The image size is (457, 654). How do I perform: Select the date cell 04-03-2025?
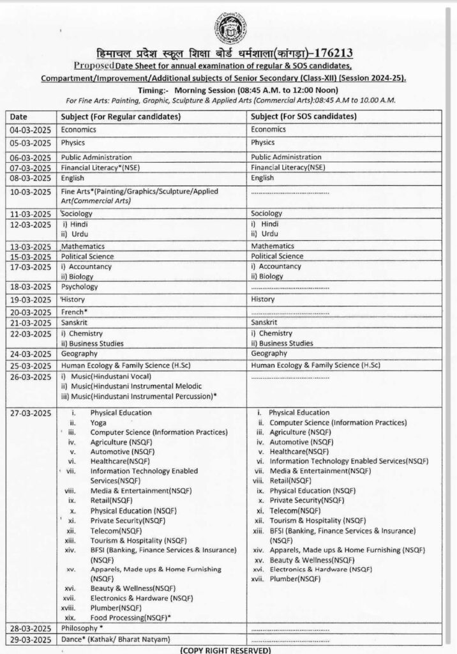coord(30,129)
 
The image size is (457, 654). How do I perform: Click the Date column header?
coord(19,116)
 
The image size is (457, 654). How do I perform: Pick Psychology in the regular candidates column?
coord(79,287)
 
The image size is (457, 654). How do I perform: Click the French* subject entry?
coord(74,312)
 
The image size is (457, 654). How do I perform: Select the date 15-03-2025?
coord(30,256)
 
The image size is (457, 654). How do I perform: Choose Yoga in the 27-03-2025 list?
coord(98,423)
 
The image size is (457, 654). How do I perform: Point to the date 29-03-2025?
coord(30,640)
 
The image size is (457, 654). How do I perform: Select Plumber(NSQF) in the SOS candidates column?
coord(295,578)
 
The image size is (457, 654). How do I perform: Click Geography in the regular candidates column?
coord(79,353)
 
